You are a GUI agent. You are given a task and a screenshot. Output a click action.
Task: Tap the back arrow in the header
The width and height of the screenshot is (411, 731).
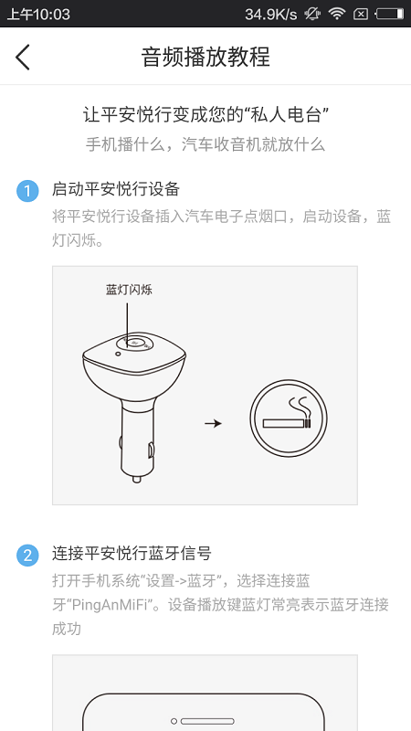coord(23,57)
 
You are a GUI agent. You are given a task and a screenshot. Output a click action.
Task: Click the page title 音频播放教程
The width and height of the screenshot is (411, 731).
coord(205,57)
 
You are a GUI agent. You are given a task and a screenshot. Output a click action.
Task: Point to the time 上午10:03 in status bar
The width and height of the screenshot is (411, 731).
coord(38,14)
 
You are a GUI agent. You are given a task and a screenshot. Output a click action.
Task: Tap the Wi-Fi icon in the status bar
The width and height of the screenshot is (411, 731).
coord(338,14)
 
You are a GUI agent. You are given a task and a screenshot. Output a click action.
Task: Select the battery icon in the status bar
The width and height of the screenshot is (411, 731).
coord(388,14)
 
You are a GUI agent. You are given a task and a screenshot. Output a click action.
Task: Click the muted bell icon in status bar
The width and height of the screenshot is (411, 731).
coord(311,14)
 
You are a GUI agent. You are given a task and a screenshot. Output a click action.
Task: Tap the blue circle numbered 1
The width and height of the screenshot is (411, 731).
coord(28,191)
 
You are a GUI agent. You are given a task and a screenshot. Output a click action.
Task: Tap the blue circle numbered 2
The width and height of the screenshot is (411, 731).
coord(28,556)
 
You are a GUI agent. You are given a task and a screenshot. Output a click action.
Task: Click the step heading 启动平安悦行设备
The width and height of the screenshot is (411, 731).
coord(116,190)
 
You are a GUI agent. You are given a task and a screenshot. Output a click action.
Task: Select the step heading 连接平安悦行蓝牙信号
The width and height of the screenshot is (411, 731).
coord(132,554)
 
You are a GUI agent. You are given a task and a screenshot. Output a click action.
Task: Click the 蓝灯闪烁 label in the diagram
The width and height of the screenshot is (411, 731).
coord(129,290)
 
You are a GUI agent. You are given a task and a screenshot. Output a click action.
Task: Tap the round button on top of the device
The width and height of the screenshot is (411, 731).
coord(134,344)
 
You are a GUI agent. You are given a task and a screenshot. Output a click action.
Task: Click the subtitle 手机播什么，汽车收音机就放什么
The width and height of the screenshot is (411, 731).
coord(205,144)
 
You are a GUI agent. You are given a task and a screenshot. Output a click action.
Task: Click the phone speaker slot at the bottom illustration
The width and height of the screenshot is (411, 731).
coord(205,722)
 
